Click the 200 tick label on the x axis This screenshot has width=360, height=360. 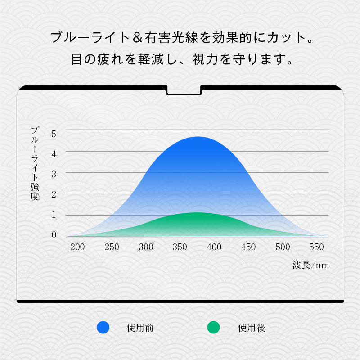[x=77, y=247]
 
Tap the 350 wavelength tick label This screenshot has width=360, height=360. [x=180, y=247]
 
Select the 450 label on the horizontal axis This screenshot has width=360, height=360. [x=248, y=247]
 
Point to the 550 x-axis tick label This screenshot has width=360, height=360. [x=316, y=247]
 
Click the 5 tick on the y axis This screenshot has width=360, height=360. [x=54, y=134]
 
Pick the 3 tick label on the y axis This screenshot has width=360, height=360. [x=54, y=174]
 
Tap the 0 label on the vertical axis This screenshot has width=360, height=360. [x=54, y=234]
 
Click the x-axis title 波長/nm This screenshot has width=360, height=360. [x=310, y=265]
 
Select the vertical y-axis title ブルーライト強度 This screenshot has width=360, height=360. [x=35, y=163]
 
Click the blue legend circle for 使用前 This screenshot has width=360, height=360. [x=103, y=328]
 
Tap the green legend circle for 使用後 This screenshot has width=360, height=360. [x=213, y=328]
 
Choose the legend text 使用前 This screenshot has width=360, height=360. [x=140, y=328]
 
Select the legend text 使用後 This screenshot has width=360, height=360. [x=252, y=328]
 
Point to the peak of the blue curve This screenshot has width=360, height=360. [x=198, y=137]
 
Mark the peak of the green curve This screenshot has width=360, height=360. [x=196, y=212]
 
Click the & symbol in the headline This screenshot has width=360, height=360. [x=138, y=38]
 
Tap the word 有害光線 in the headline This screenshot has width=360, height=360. [x=171, y=38]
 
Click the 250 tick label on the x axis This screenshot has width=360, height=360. [x=112, y=247]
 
